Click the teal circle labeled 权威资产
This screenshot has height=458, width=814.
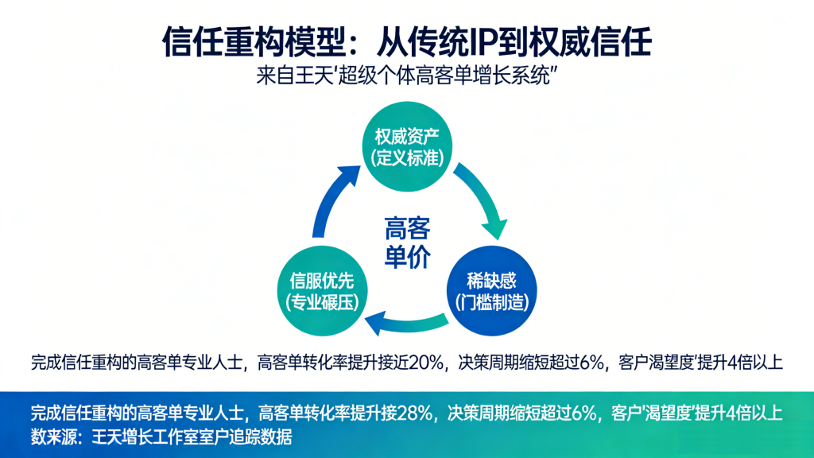point(407,143)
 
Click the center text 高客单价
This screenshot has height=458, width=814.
point(407,243)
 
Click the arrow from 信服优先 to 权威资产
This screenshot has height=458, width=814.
point(329,199)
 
